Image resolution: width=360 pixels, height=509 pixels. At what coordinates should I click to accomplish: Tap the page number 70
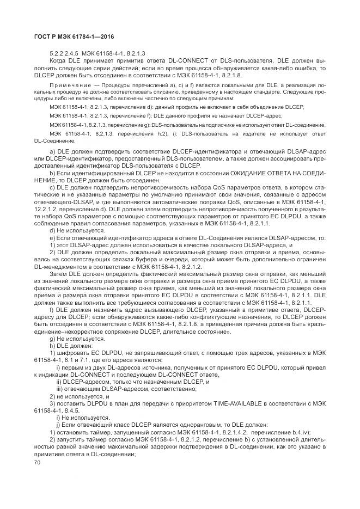(38, 462)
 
